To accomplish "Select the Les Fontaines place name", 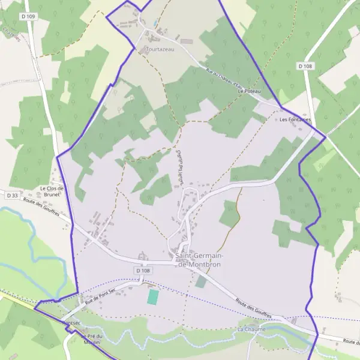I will click(295, 119).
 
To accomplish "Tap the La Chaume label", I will click(250, 329).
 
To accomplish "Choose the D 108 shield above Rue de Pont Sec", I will click(143, 271).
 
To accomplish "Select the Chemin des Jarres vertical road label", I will click(179, 168).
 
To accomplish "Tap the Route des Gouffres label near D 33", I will click(42, 211).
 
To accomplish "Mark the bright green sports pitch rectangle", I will click(154, 296).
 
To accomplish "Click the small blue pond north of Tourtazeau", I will click(156, 22).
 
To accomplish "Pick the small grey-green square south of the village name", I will click(200, 281).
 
